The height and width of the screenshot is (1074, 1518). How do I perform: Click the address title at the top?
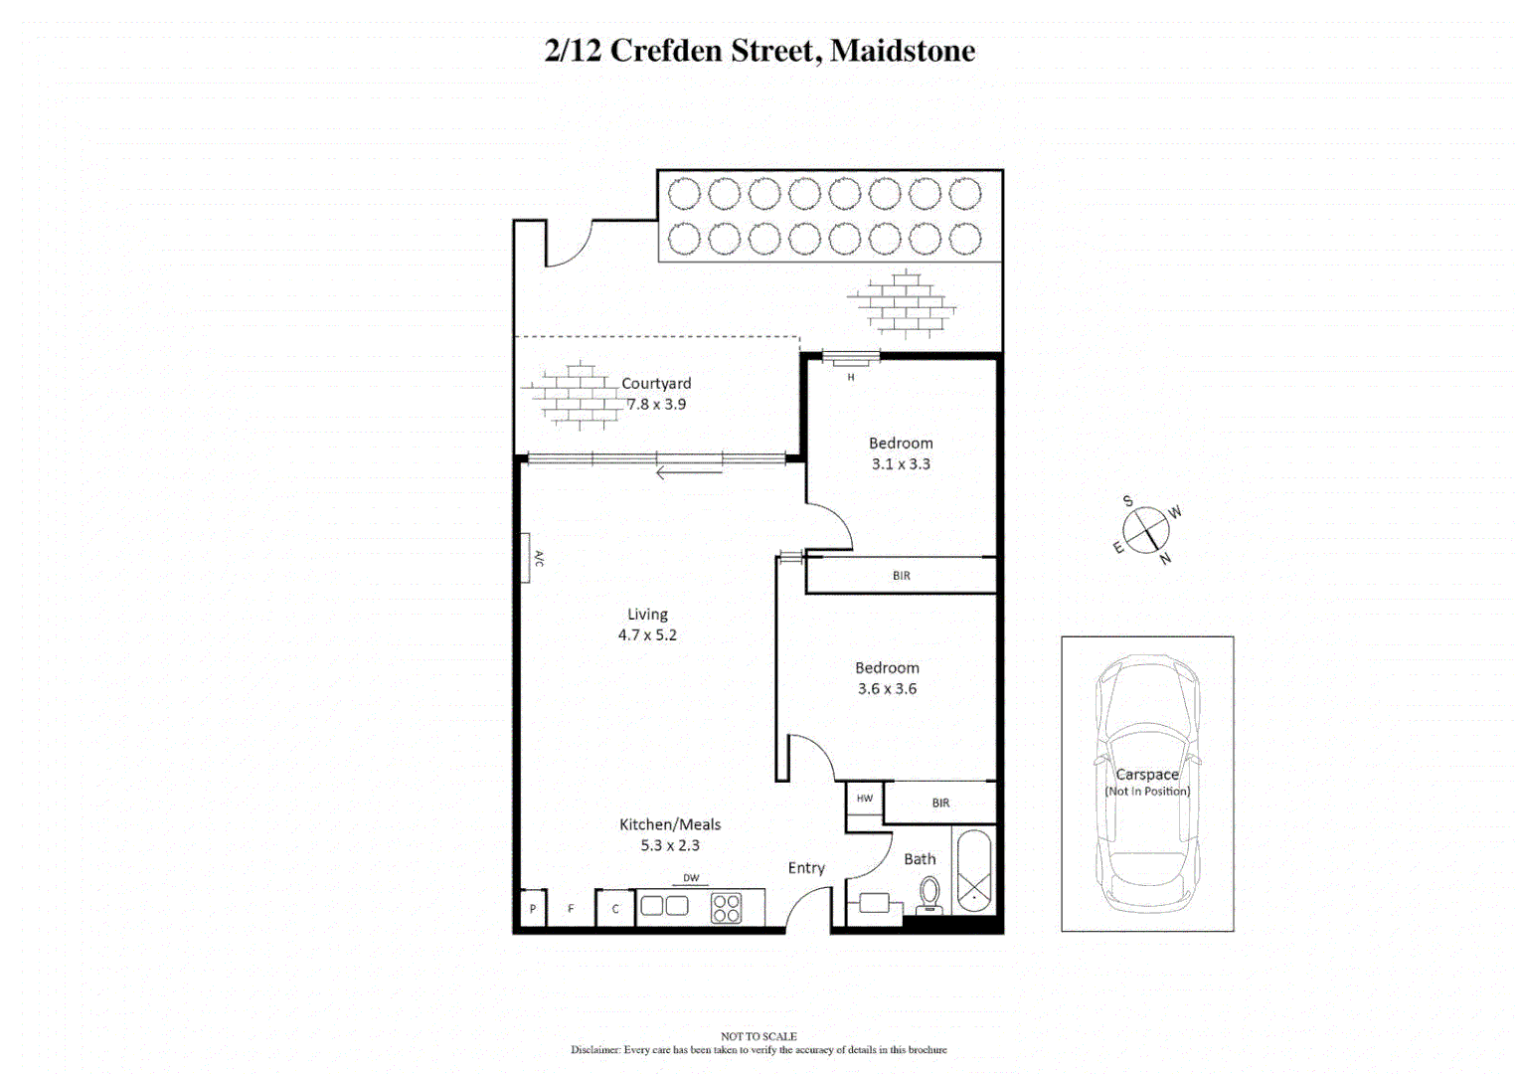(759, 51)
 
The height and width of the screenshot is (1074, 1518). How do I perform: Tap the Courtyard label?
(656, 384)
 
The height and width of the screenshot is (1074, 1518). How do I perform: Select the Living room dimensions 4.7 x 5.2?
(647, 635)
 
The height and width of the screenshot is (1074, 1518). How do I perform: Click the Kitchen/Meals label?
(670, 824)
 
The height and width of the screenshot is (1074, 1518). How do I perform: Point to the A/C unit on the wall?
(526, 558)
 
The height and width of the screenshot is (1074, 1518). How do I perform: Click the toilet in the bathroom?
(929, 894)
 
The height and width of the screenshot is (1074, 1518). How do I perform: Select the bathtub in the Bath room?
(973, 871)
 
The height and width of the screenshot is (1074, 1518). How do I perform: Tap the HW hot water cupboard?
(865, 799)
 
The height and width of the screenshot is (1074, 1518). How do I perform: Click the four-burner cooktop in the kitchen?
(727, 907)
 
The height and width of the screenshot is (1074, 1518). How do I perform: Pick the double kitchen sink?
(664, 906)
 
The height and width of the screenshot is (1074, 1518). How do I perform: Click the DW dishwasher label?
(691, 878)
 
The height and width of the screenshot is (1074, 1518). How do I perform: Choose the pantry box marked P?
(533, 909)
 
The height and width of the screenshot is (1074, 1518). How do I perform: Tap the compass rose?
(1146, 529)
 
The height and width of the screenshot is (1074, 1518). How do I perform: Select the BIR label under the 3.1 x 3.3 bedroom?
(901, 576)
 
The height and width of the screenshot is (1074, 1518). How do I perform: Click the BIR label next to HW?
(940, 803)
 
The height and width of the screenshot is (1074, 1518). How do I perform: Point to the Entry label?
(806, 868)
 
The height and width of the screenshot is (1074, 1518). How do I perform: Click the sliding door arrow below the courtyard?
(689, 473)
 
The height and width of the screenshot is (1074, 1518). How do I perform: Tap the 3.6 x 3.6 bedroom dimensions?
(887, 689)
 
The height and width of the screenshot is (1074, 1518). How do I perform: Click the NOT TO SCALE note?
(759, 1036)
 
